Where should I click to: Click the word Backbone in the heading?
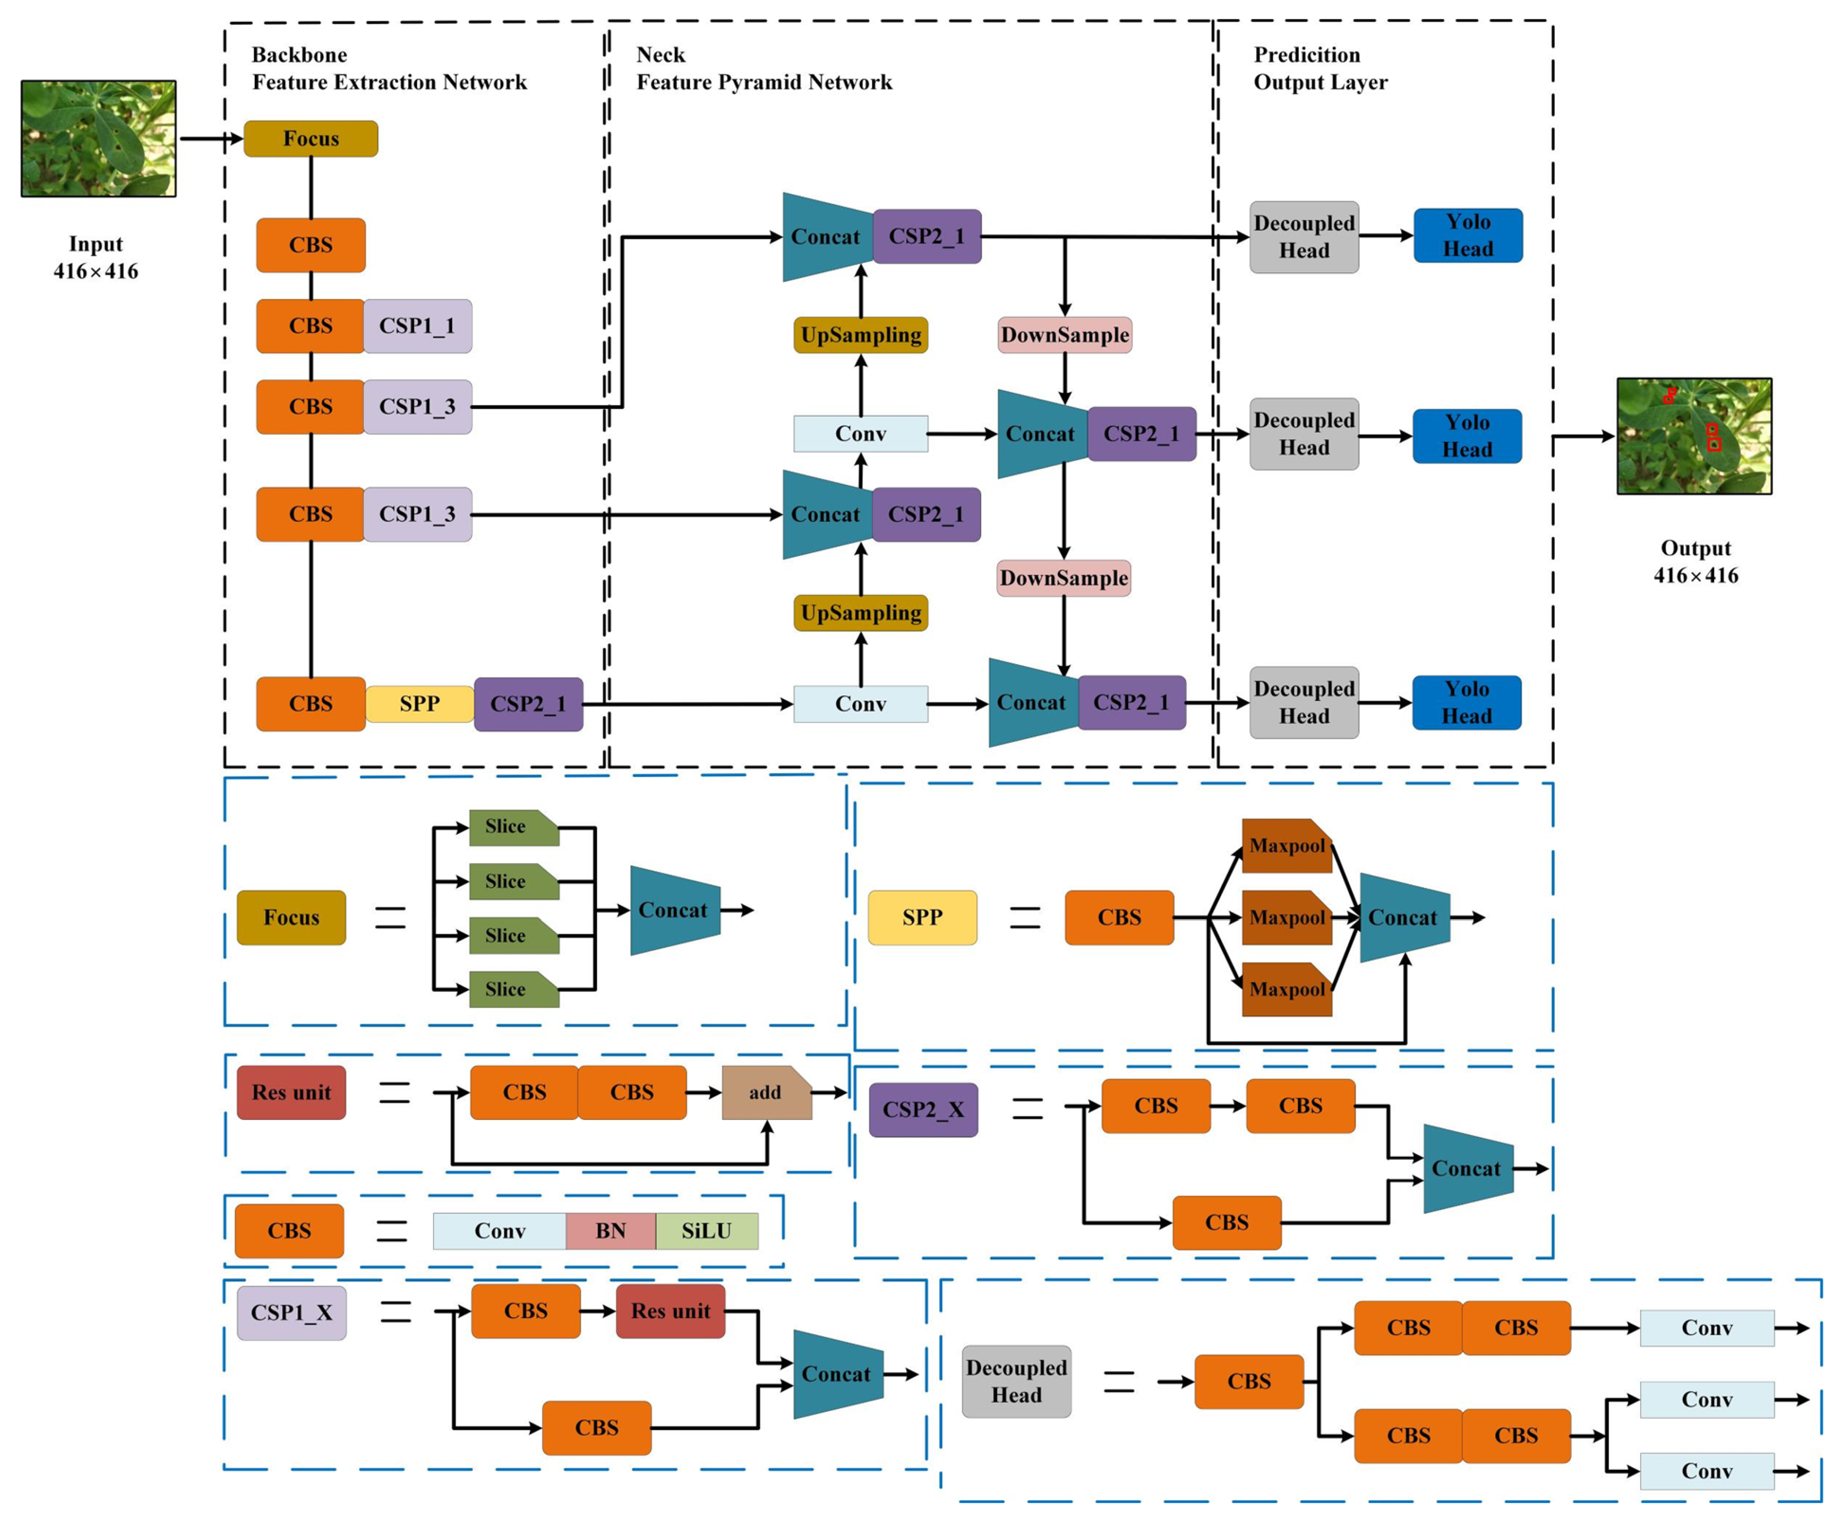click(299, 55)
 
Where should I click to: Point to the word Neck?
click(661, 55)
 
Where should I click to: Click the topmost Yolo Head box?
click(1468, 235)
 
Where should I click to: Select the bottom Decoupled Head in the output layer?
click(1304, 702)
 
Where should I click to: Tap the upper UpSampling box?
click(861, 335)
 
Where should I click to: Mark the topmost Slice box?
click(514, 827)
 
